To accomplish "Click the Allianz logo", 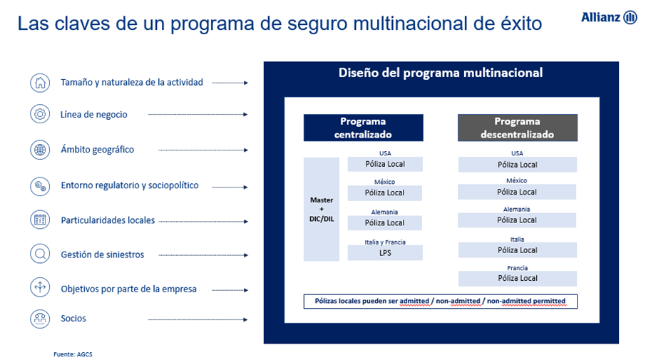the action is click(609, 17).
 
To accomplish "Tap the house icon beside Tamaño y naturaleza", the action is click(40, 83).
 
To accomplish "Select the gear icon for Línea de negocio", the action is click(40, 114).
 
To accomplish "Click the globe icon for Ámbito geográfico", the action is click(40, 150).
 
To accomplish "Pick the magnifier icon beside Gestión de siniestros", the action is click(40, 254).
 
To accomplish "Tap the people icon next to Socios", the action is click(40, 319).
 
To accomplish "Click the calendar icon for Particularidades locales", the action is click(40, 220).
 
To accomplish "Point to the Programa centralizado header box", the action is click(363, 128).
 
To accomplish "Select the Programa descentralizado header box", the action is click(518, 128).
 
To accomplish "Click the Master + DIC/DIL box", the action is click(322, 210).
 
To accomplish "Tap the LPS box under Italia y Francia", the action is click(385, 253).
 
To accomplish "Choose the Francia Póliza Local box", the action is click(518, 279).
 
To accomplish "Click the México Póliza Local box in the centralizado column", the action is click(385, 193).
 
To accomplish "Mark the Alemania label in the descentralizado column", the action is click(517, 210).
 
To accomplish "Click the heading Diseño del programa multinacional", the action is click(441, 73).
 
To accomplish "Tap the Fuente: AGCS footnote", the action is click(73, 354).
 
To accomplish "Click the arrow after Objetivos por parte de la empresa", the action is click(230, 290).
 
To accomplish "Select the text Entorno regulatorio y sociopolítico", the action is click(130, 185).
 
